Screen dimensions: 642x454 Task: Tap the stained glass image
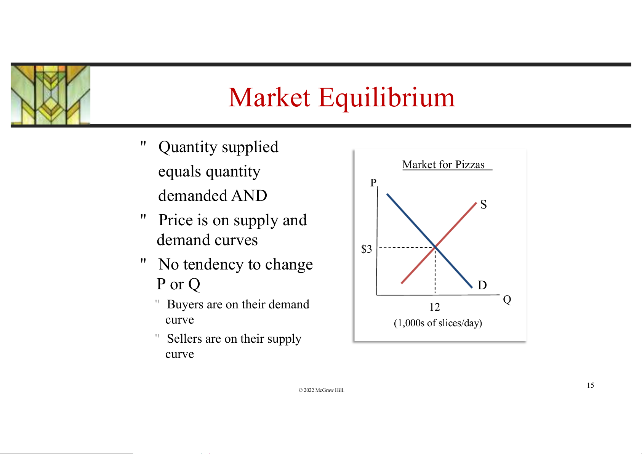point(50,95)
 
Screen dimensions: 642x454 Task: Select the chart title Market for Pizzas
point(443,165)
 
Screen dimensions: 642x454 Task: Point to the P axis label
point(373,183)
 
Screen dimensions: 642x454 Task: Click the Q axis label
point(507,300)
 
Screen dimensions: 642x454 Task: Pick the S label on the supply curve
point(483,204)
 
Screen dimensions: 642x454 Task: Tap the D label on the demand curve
point(482,286)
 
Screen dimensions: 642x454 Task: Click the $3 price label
point(367,249)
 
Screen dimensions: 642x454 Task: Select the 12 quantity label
point(434,307)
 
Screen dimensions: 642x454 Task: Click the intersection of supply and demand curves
point(435,247)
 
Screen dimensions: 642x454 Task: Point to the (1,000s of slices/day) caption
point(438,323)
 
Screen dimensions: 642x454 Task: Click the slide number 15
point(591,385)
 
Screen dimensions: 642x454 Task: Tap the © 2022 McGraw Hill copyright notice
point(321,390)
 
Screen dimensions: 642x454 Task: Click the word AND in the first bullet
point(249,196)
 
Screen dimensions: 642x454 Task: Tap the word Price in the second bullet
point(176,220)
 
